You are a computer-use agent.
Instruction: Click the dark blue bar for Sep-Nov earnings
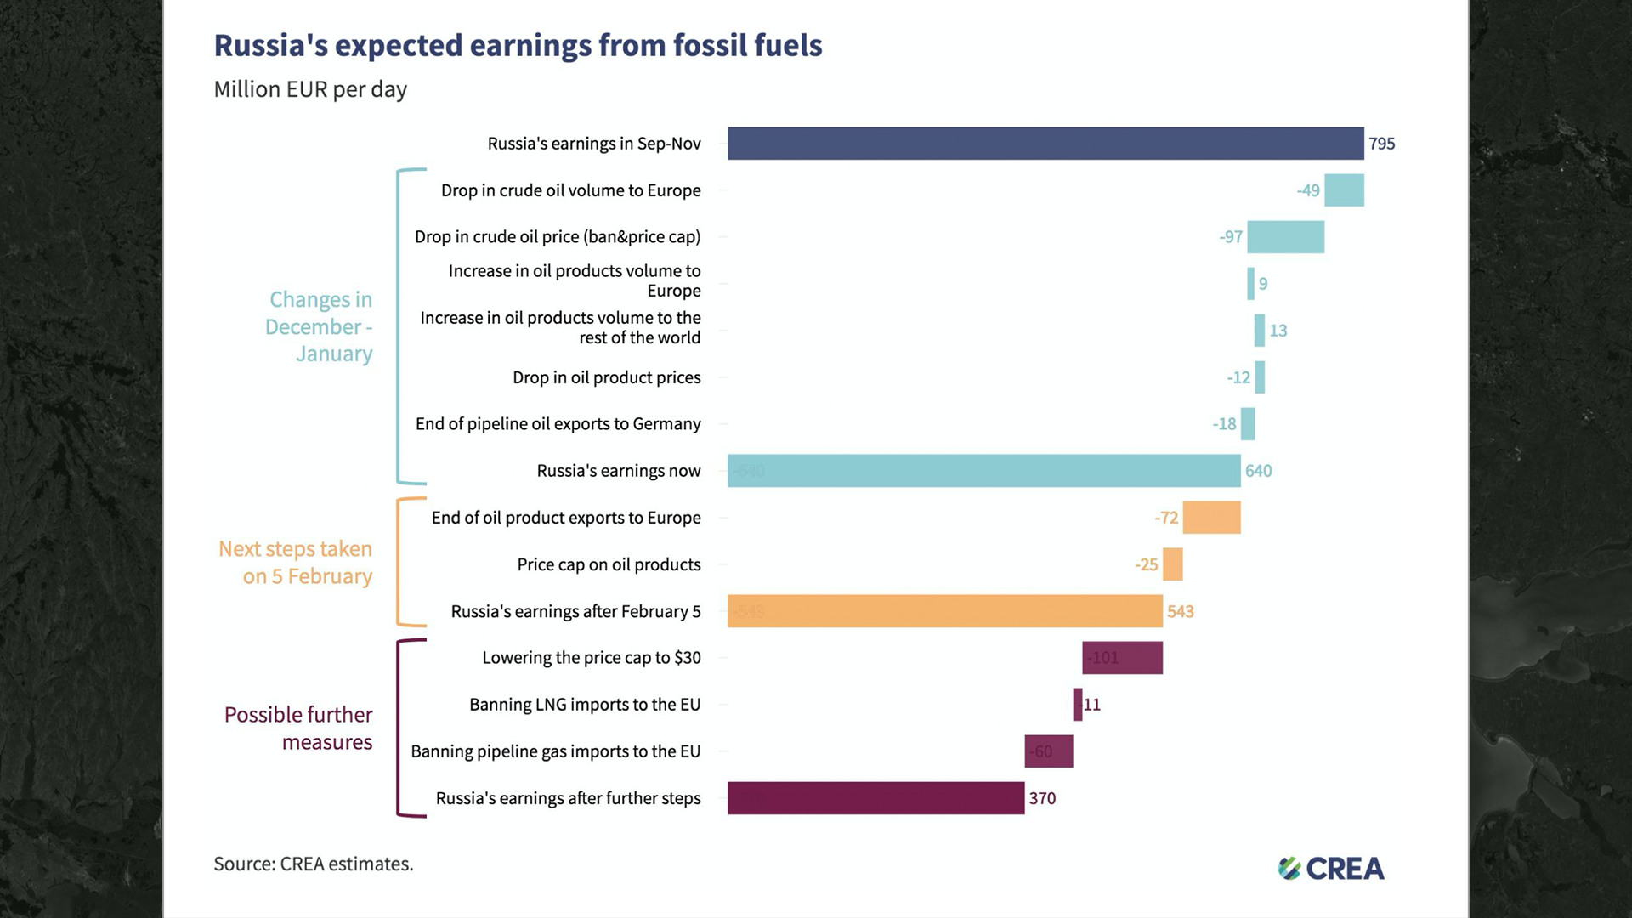1045,144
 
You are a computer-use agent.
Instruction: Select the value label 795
1381,144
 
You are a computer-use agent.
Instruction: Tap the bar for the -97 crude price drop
1285,237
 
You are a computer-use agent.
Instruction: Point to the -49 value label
1308,190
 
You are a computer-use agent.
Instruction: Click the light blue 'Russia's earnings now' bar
983,471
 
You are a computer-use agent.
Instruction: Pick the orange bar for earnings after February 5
944,611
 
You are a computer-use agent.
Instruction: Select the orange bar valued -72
1211,518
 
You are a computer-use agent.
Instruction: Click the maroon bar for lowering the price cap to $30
1122,658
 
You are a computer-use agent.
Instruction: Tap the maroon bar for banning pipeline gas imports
1049,751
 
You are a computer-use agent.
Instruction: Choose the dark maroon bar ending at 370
875,798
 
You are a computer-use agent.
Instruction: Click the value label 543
1180,611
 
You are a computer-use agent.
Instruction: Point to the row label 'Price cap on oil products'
609,564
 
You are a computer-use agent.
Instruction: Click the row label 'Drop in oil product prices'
606,377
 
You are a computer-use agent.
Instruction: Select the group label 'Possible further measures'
298,728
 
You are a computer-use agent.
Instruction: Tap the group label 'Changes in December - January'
320,326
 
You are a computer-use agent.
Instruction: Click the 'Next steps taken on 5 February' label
296,562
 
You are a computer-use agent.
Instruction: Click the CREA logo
1331,868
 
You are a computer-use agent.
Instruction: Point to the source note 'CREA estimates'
313,864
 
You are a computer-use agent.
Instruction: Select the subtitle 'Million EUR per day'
310,89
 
